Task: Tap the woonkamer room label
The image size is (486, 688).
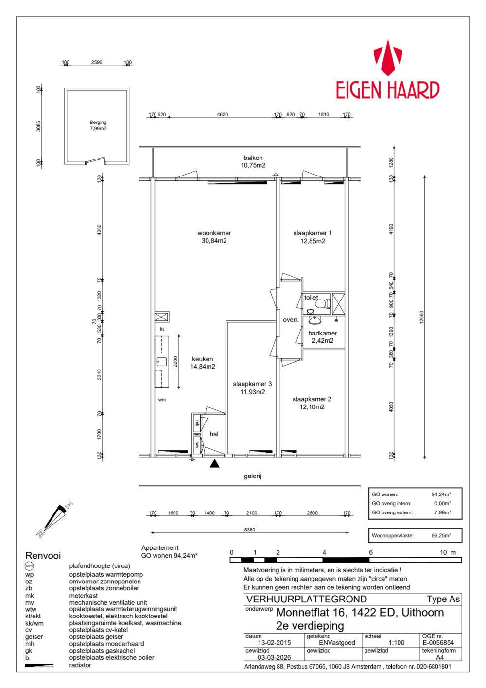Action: click(x=214, y=237)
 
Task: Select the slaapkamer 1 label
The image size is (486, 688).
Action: click(x=312, y=237)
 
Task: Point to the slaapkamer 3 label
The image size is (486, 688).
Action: click(x=252, y=388)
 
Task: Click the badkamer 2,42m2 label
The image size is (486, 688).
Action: click(x=322, y=337)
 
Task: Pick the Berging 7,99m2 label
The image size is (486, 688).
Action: click(x=98, y=125)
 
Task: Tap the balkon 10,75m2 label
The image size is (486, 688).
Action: click(x=253, y=161)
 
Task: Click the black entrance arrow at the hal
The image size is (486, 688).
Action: click(x=214, y=463)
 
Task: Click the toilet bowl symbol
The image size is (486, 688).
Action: click(x=321, y=304)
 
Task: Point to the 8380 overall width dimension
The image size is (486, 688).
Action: click(x=249, y=530)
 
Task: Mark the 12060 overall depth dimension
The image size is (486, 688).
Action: click(x=422, y=318)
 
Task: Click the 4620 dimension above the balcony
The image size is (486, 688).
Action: click(x=223, y=115)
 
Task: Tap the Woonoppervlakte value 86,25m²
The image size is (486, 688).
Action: click(x=441, y=536)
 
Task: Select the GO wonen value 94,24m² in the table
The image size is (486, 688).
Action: click(x=441, y=494)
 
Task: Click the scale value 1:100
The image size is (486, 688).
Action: click(x=397, y=643)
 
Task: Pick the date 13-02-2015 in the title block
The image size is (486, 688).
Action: click(x=275, y=643)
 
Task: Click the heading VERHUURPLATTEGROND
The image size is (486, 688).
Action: click(x=307, y=600)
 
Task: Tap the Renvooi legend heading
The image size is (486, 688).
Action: click(x=43, y=556)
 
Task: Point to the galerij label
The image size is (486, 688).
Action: click(x=253, y=476)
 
